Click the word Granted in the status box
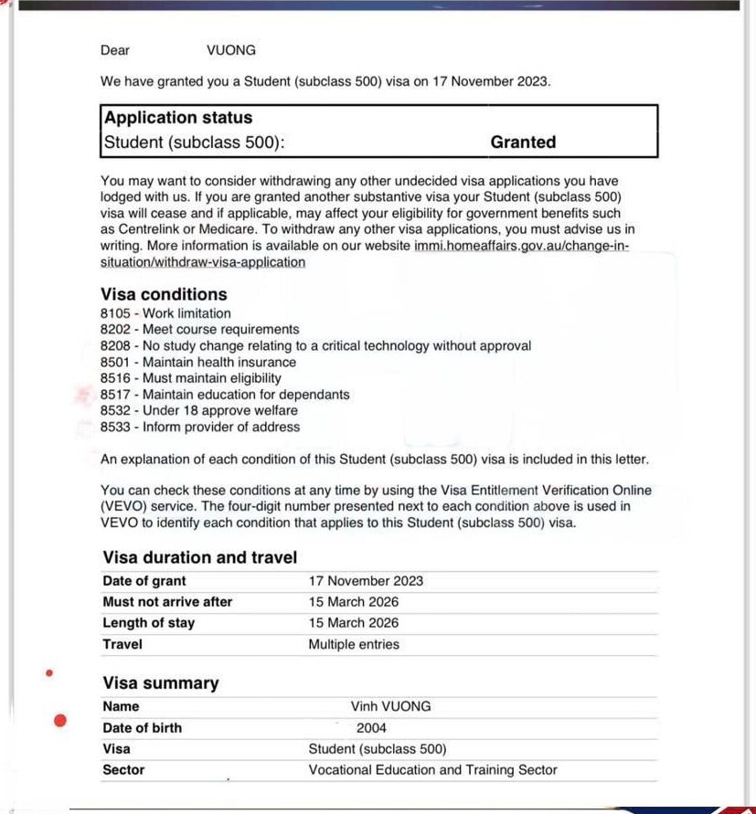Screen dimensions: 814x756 523,142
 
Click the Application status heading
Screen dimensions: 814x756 178,118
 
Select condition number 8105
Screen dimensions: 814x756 116,313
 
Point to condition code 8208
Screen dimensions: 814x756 116,345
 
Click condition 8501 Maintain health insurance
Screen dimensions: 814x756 197,362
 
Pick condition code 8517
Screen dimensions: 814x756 116,395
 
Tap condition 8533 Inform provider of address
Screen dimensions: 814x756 200,427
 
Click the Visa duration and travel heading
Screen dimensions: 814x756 200,557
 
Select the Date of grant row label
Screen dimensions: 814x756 144,581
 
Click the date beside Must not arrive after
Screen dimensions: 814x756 354,602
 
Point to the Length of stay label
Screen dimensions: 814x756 149,623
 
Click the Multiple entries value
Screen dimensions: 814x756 354,644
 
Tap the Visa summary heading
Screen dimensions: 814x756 161,683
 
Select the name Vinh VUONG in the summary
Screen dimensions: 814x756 390,706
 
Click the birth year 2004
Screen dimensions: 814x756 372,728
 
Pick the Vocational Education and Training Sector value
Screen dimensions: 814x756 432,770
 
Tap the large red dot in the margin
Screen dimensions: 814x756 60,721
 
